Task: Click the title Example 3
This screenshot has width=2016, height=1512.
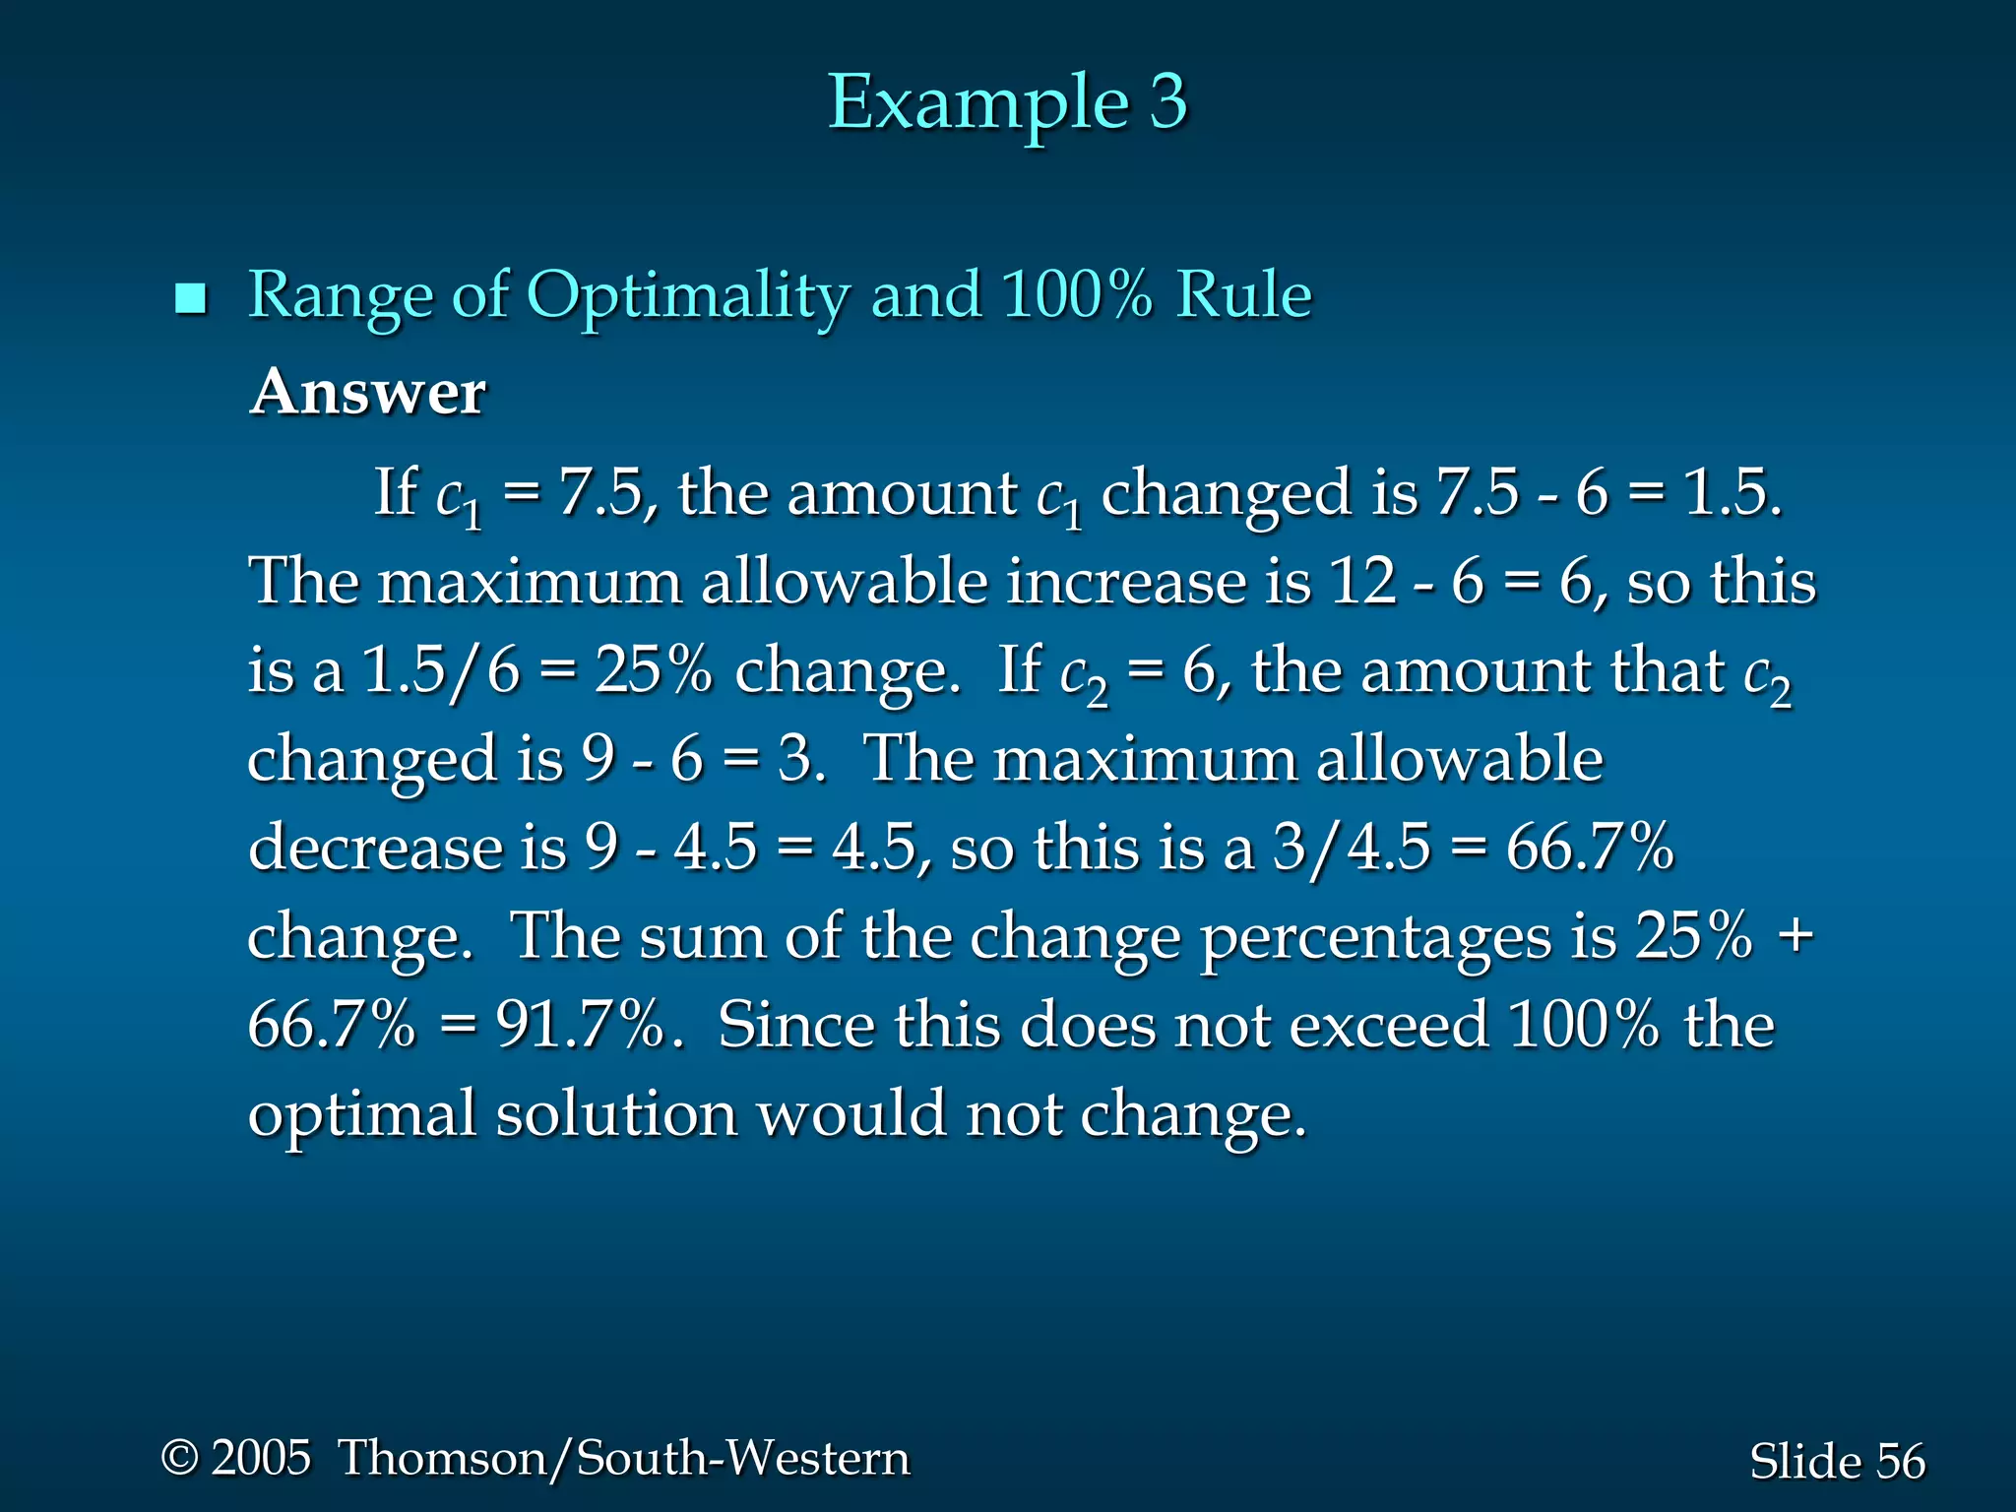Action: click(1007, 102)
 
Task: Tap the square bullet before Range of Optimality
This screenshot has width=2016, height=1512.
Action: click(190, 298)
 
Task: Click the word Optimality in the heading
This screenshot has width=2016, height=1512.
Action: click(687, 296)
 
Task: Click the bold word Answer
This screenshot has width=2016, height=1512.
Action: click(368, 392)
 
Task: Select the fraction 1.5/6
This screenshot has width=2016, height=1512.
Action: click(440, 671)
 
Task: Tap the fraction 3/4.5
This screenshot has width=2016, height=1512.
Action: click(1351, 848)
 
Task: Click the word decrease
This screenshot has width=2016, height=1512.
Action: click(375, 848)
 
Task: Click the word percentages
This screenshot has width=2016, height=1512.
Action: click(1375, 937)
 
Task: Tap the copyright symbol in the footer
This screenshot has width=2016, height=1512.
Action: click(180, 1457)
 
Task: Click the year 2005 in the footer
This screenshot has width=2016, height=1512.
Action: click(261, 1457)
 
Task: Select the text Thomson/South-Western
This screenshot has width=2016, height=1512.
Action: click(624, 1458)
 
